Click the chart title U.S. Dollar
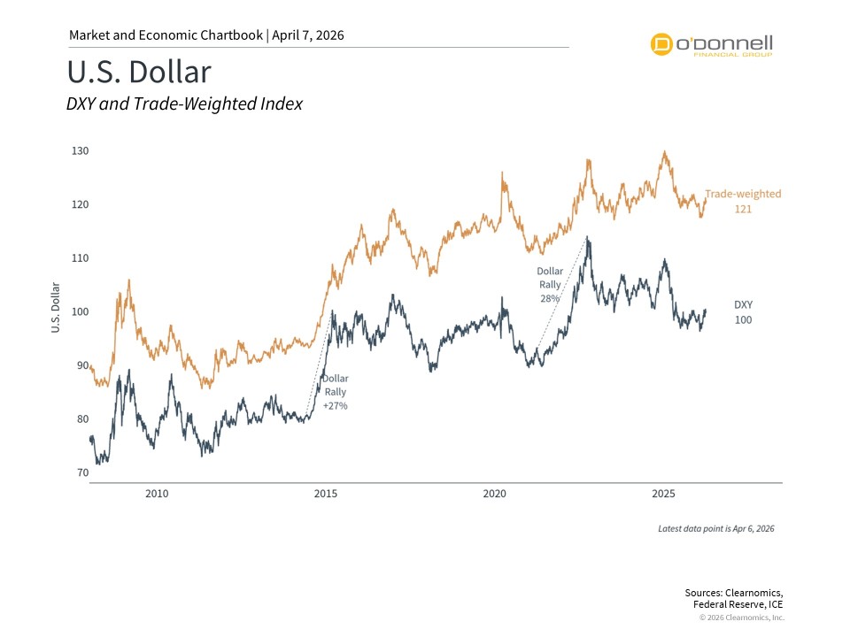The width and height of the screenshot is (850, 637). [x=139, y=72]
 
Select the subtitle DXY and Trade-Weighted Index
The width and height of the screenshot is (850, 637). [x=184, y=104]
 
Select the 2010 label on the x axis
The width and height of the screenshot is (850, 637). [x=157, y=493]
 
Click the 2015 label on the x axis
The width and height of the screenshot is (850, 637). [x=326, y=493]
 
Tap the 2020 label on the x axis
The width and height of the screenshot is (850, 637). [x=495, y=493]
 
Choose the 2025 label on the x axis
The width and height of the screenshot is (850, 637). [x=664, y=493]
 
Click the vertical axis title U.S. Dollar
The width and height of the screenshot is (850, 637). [x=55, y=308]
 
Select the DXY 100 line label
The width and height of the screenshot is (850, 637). [x=743, y=311]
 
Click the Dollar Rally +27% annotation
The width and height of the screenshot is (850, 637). [x=335, y=392]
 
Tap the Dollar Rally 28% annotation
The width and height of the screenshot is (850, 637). [x=549, y=285]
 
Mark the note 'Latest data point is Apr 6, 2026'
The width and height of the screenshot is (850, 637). [x=716, y=528]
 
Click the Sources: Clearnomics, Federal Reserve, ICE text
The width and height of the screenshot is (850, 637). [x=734, y=598]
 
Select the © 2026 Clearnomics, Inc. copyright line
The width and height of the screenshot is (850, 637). [x=741, y=618]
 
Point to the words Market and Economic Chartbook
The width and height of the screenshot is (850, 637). [x=166, y=35]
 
